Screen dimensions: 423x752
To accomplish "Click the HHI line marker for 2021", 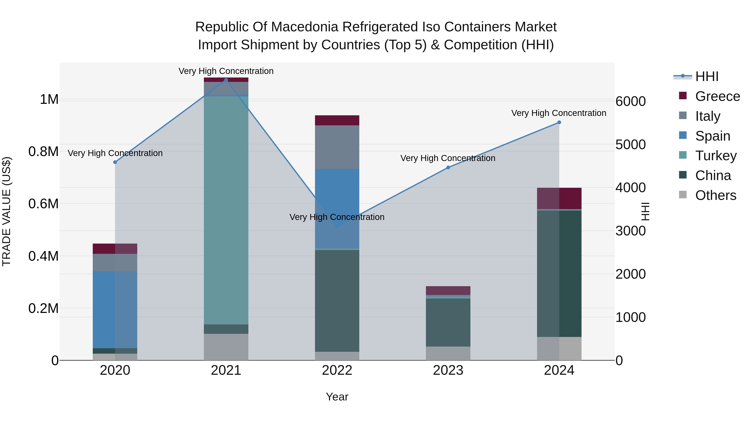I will pos(226,80).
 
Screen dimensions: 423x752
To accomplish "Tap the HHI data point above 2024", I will pos(559,122).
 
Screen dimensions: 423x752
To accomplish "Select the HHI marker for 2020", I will pos(115,162).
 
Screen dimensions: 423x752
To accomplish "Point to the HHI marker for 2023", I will pos(448,168).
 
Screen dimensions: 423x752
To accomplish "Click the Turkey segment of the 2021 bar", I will pos(226,210).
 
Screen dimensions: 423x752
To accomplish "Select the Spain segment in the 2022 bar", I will pos(337,208).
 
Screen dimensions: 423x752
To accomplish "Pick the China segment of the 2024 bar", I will pos(559,273).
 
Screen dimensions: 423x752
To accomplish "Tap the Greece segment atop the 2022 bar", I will pos(337,120).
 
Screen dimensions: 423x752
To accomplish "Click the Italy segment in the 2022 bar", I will pos(337,147).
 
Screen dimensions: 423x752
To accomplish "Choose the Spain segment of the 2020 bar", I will pos(115,309).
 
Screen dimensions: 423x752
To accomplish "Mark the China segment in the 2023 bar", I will pos(448,322).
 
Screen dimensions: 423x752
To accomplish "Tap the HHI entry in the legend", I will pos(706,76).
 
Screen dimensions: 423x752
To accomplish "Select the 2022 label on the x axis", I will pos(337,370).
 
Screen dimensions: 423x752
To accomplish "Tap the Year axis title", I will pos(337,397).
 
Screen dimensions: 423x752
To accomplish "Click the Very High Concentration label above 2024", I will pos(558,113).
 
